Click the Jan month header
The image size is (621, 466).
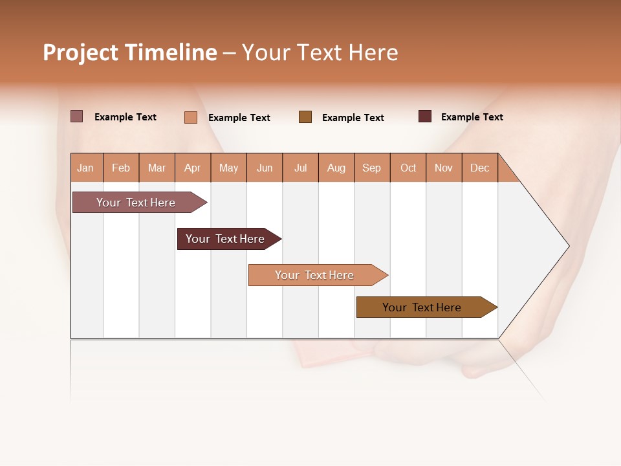pyautogui.click(x=85, y=168)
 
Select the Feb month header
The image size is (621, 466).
pyautogui.click(x=121, y=168)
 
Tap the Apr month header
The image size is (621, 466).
pyautogui.click(x=193, y=168)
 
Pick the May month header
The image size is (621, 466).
pyautogui.click(x=228, y=168)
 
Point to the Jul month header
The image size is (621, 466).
pyautogui.click(x=300, y=168)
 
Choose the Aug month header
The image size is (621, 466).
pyautogui.click(x=336, y=168)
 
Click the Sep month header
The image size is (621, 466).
pyautogui.click(x=372, y=168)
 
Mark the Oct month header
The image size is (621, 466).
pyautogui.click(x=408, y=168)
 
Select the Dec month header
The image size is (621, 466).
pyautogui.click(x=480, y=168)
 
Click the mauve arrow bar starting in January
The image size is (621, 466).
pyautogui.click(x=136, y=203)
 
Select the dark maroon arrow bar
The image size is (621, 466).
pyautogui.click(x=226, y=239)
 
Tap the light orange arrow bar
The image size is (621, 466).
pyautogui.click(x=315, y=275)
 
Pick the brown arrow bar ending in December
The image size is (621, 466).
pyautogui.click(x=422, y=307)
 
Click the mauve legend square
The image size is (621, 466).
pyautogui.click(x=76, y=116)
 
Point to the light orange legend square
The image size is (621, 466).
pyautogui.click(x=190, y=117)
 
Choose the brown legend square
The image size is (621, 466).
pyautogui.click(x=305, y=116)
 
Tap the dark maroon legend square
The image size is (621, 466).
pyautogui.click(x=425, y=116)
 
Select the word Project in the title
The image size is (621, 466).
pyautogui.click(x=80, y=52)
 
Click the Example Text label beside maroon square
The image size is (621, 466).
pyautogui.click(x=472, y=117)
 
